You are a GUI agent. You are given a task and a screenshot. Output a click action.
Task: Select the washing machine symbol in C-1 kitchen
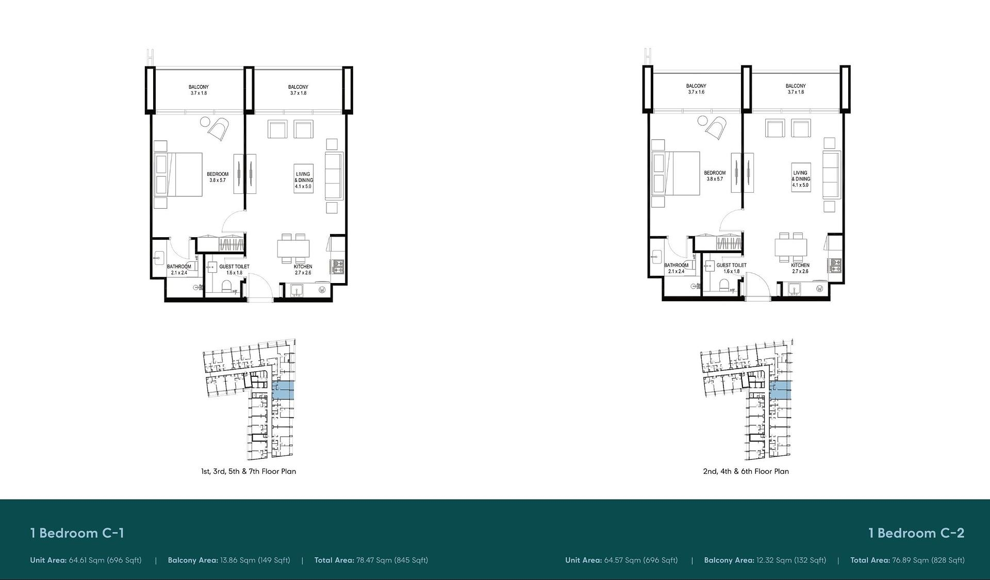pos(322,290)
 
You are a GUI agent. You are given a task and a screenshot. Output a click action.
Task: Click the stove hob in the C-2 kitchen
pos(836,265)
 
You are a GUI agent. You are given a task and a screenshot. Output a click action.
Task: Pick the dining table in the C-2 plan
pos(790,247)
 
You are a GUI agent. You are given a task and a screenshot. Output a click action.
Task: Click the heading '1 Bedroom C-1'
pos(77,533)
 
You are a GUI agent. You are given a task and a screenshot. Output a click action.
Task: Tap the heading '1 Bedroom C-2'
pos(916,533)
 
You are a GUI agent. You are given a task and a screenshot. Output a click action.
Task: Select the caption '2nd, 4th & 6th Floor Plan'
pos(746,471)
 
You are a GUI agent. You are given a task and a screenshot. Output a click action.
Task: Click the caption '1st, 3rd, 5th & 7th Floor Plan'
pos(249,471)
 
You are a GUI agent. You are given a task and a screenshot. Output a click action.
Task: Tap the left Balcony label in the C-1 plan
pos(199,90)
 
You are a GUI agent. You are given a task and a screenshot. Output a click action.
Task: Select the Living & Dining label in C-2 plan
pos(800,179)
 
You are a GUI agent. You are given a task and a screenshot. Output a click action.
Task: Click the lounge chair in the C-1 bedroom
pos(219,129)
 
